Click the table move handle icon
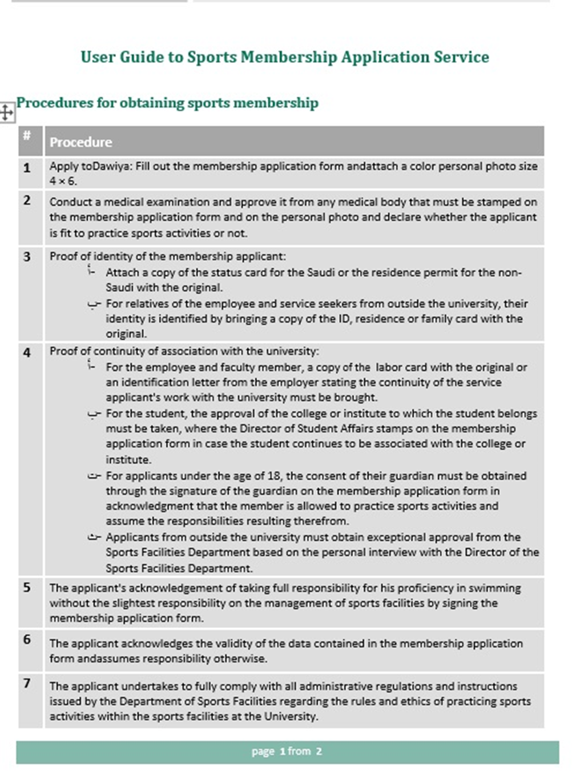6,113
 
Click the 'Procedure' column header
80,142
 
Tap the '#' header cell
26,136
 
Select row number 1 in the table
27,168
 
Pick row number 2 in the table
27,200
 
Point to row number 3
27,257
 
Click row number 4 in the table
27,352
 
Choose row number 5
27,588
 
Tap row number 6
27,640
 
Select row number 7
27,683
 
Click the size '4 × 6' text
63,182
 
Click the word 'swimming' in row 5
497,588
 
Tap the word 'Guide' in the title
141,57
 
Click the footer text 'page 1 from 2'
287,752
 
